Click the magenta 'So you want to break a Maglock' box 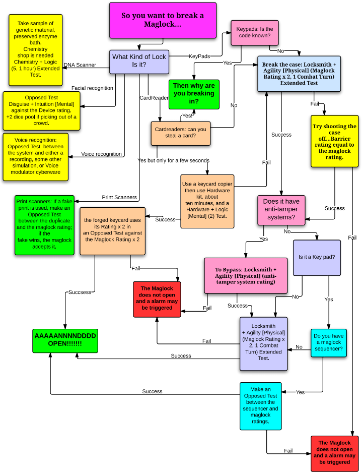click(163, 20)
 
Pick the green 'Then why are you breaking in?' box click(194, 94)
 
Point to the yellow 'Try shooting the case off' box click(335, 141)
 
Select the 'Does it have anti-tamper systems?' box click(281, 210)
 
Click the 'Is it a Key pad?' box click(317, 257)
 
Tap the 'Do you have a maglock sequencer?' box click(328, 343)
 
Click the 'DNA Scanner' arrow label click(80, 65)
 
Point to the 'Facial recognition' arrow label click(92, 88)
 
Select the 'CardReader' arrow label click(154, 97)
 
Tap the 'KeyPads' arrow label click(199, 56)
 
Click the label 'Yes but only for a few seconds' click(173, 160)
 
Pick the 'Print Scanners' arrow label click(119, 197)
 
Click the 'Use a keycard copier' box click(206, 200)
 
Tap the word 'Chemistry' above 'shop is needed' click(35, 49)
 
